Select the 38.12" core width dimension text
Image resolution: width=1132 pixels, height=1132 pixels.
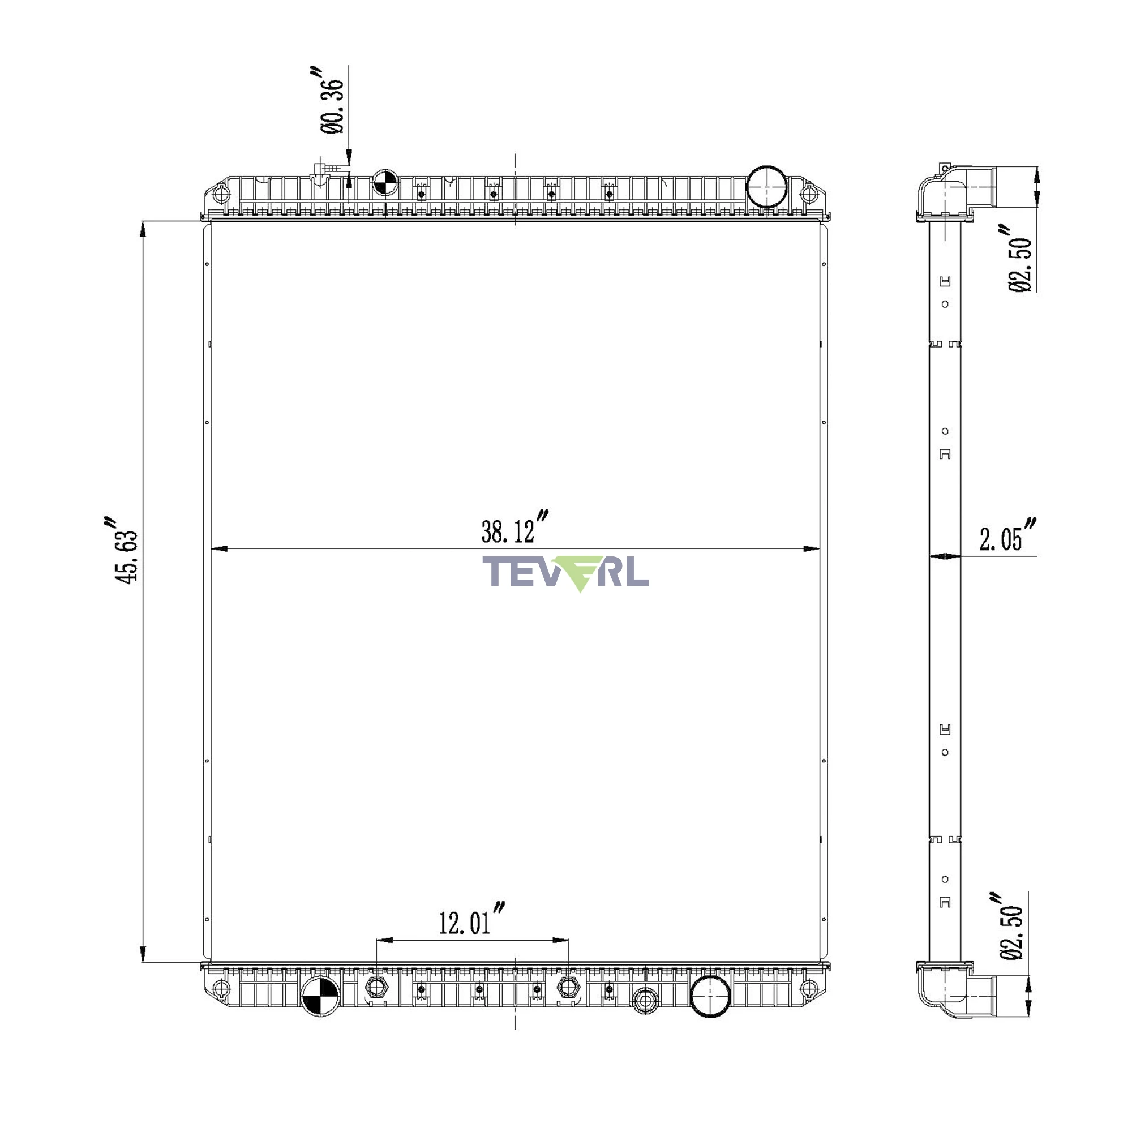coord(514,528)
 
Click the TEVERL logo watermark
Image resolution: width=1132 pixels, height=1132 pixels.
coord(565,573)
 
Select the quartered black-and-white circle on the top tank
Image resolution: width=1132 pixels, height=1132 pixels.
coord(385,183)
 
